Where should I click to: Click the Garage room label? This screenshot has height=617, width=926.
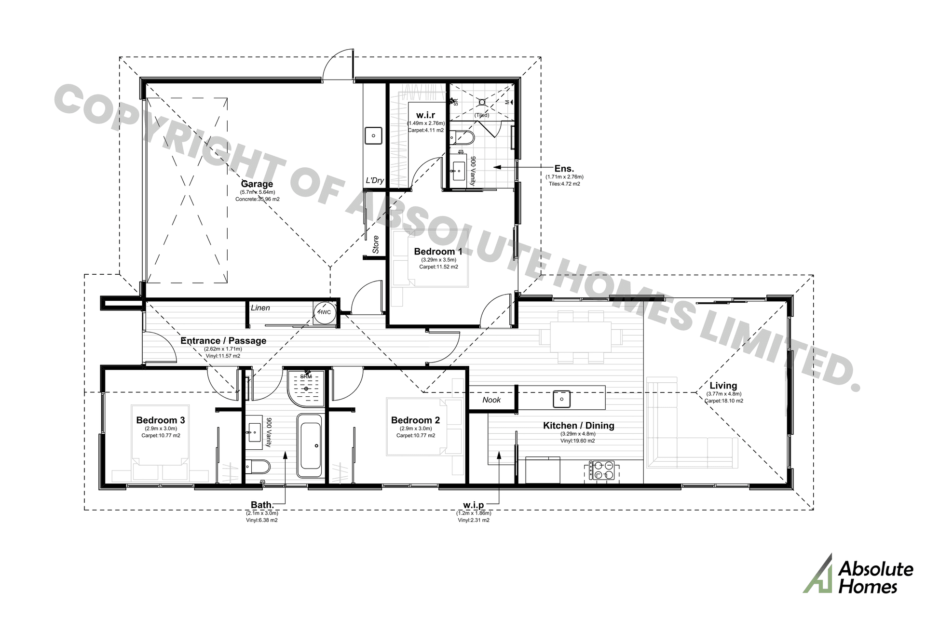257,184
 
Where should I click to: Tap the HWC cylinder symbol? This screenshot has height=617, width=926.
324,312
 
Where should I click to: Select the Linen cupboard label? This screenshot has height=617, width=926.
260,308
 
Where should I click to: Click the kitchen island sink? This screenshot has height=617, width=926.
561,399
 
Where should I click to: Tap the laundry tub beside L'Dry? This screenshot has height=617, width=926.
373,135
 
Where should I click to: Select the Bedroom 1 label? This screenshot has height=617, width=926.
438,252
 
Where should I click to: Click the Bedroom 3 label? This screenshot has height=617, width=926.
161,420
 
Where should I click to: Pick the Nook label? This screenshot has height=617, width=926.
491,400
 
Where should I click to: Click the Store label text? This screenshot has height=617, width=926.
376,245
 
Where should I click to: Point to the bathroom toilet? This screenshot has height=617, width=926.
258,466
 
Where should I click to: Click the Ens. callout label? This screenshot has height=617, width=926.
564,169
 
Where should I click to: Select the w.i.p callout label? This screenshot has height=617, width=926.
473,505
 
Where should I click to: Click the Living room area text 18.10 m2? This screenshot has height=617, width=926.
723,401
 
